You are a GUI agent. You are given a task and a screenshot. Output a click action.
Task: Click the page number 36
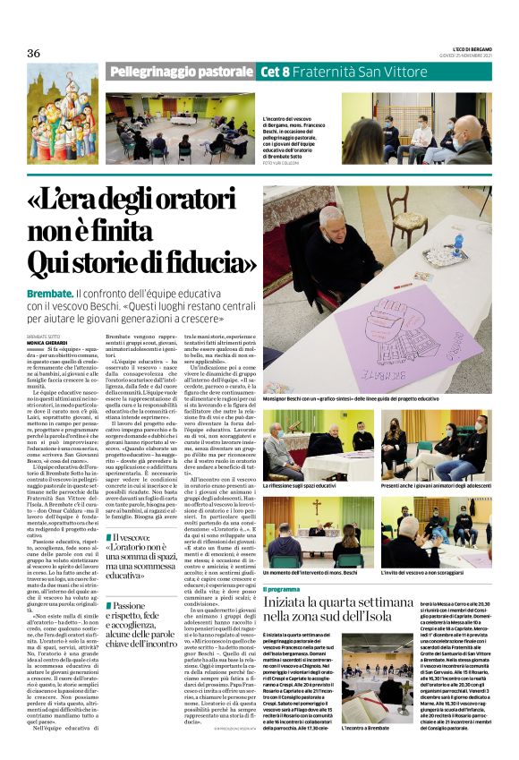(x=34, y=53)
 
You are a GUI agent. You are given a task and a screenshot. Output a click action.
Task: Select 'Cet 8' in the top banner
(x=274, y=72)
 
